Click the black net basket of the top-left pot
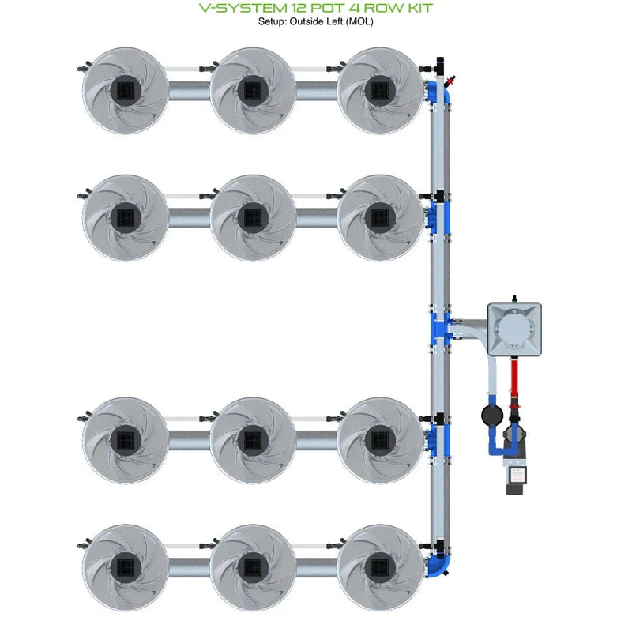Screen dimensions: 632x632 coord(126,90)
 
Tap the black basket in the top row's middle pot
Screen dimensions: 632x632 coord(254,90)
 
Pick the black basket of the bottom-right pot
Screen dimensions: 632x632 coord(381,566)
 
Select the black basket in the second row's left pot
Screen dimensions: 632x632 coord(126,216)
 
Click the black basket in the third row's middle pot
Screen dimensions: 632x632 coord(254,438)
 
